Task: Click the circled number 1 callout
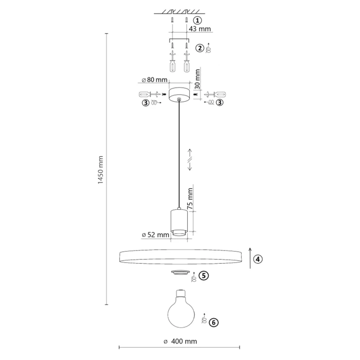tap(197, 20)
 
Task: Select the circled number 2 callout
tap(200, 48)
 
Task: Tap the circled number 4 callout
tap(258, 259)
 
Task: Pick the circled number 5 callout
tap(204, 275)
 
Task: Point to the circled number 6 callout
tap(214, 323)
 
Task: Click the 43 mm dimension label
tap(199, 29)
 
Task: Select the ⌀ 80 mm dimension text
tap(155, 80)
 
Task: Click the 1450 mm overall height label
tap(101, 170)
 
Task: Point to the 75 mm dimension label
tap(190, 198)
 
